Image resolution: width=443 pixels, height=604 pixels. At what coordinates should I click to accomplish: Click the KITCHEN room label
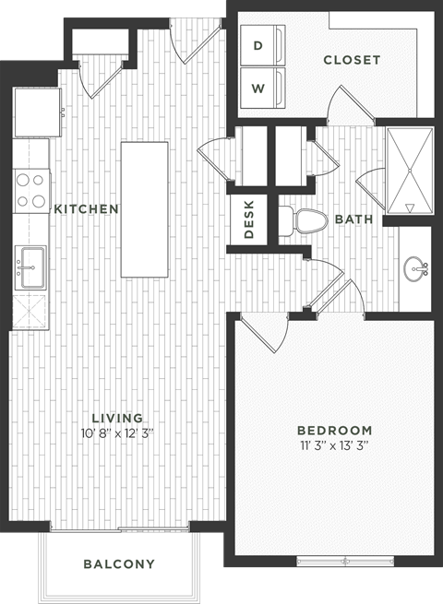coord(86,209)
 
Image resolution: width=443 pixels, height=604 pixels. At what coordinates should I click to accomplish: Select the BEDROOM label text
coord(334,430)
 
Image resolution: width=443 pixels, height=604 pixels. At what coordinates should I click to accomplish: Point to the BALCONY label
coord(119,563)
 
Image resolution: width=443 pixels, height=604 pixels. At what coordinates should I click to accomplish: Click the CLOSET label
coord(352,60)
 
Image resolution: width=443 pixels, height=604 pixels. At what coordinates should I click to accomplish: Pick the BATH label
coord(353,219)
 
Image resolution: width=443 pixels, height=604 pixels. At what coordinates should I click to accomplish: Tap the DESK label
coord(249,220)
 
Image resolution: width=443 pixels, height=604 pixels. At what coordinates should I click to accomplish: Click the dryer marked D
coord(259,44)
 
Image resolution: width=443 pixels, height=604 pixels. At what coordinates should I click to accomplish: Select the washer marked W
coord(259,88)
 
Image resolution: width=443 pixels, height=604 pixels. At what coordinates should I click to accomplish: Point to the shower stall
coord(409,172)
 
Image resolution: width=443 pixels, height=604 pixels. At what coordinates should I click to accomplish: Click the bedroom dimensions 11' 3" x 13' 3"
coord(334,445)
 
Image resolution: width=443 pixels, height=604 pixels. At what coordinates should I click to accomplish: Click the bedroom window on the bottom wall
coord(345,559)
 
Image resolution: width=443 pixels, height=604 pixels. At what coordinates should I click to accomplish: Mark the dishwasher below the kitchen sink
coord(30,309)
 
